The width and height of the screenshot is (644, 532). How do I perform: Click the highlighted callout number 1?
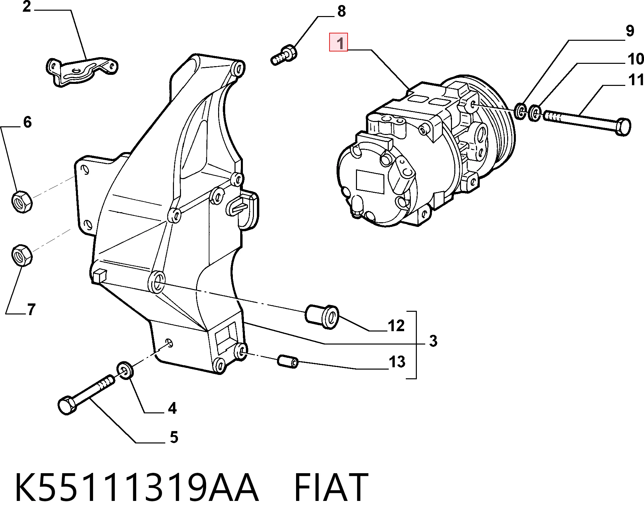point(339,42)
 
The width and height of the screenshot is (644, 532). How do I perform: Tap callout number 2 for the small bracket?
point(27,7)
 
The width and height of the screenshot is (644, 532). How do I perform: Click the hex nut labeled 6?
point(22,202)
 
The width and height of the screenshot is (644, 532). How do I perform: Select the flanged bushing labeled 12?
point(322,316)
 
